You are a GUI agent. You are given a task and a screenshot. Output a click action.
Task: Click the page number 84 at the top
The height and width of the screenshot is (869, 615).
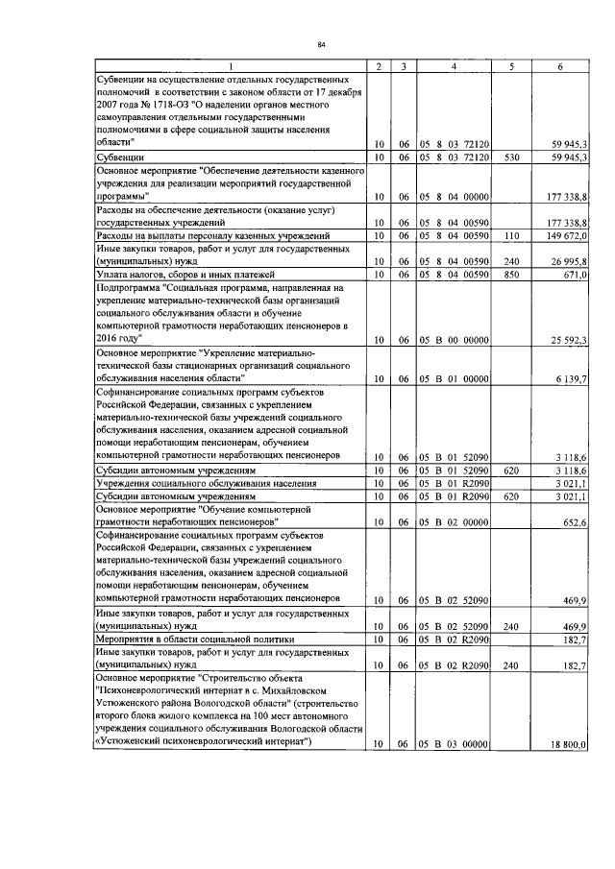(322, 44)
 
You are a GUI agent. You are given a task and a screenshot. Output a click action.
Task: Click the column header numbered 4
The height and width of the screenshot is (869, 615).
(455, 65)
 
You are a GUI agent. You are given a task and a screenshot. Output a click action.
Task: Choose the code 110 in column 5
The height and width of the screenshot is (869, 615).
(512, 235)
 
